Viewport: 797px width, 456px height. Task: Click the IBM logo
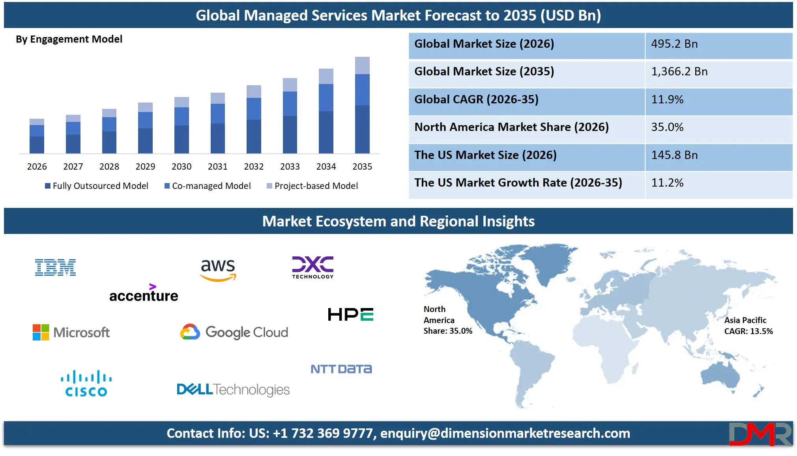click(x=55, y=267)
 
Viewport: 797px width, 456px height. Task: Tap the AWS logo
click(x=218, y=270)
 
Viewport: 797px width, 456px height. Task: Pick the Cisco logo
click(x=86, y=383)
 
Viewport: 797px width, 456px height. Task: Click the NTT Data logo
click(x=341, y=369)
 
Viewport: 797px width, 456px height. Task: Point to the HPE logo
click(x=350, y=314)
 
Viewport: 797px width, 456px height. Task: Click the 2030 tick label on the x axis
click(x=181, y=166)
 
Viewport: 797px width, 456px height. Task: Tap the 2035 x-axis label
click(x=362, y=166)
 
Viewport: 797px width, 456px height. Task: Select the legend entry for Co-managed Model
click(x=208, y=186)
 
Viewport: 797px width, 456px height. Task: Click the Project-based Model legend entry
click(x=312, y=186)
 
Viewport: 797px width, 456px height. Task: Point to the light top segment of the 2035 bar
click(x=362, y=65)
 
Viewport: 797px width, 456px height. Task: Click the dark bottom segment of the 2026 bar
click(x=37, y=145)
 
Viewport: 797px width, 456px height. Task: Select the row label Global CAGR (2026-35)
click(x=476, y=99)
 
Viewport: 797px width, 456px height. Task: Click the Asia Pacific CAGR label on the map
click(x=748, y=326)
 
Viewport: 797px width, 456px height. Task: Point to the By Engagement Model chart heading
click(x=69, y=39)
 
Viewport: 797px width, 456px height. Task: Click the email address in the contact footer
click(x=505, y=433)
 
